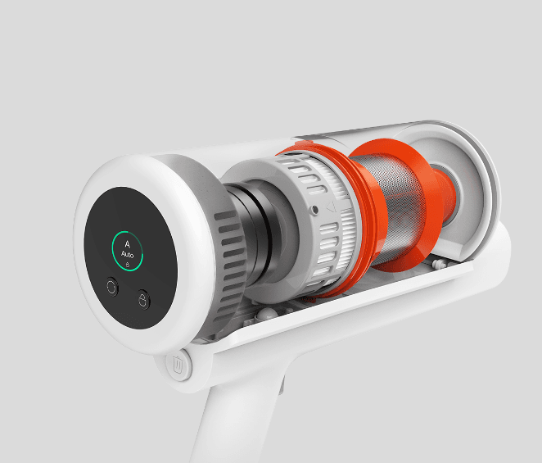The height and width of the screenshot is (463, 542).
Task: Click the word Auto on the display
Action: [127, 255]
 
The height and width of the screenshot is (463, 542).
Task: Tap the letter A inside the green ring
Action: [127, 244]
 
